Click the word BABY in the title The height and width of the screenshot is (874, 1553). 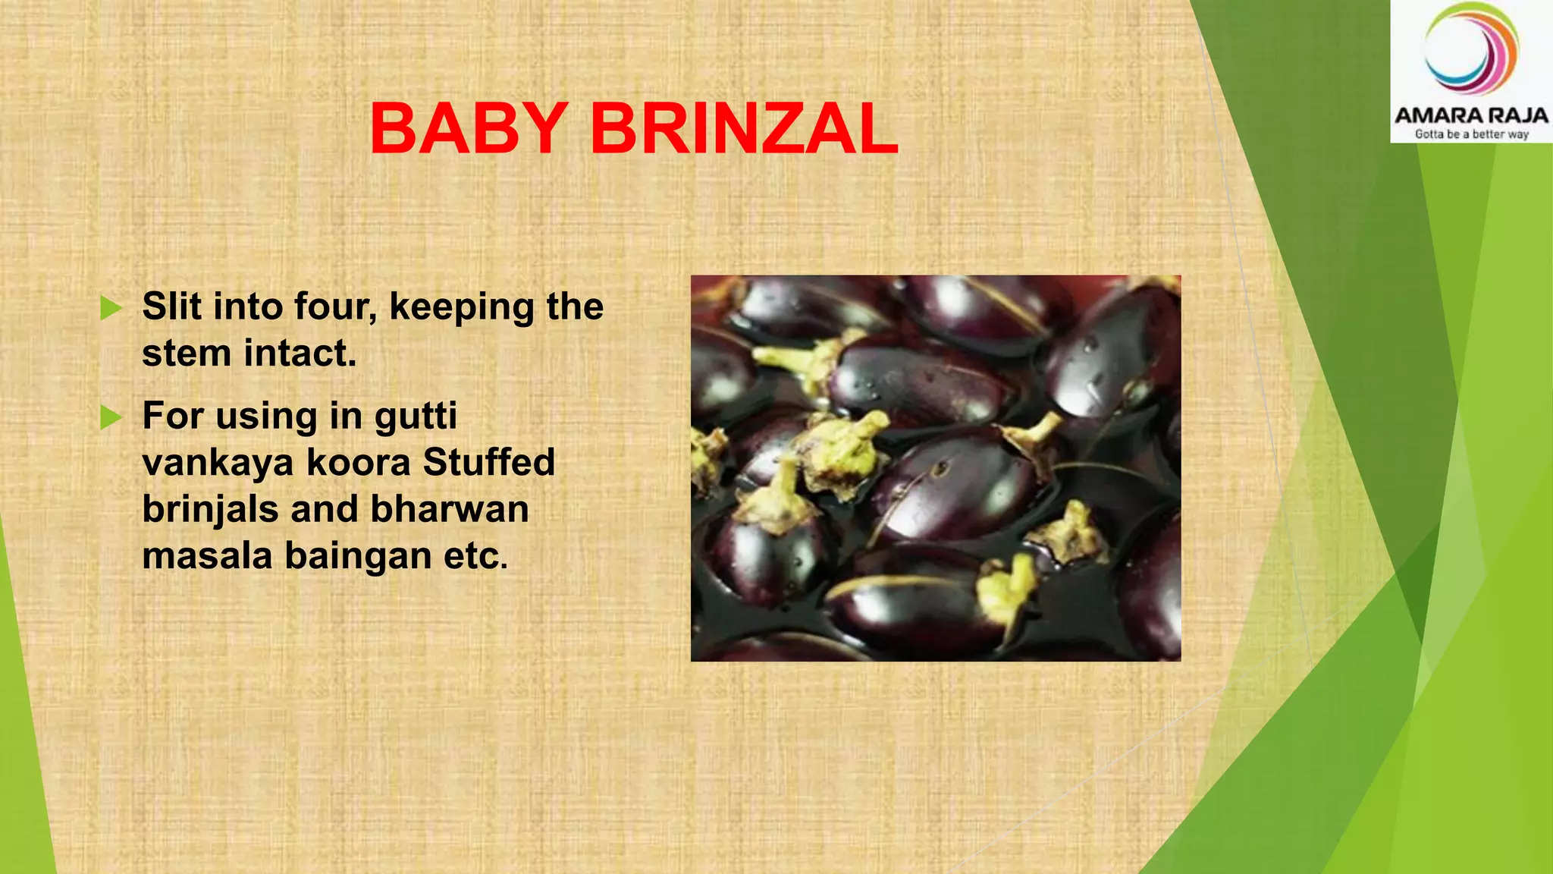point(469,128)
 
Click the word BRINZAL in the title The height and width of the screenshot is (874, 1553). point(744,128)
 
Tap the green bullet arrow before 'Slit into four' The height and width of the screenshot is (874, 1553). point(111,308)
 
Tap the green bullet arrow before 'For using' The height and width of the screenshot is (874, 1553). point(111,417)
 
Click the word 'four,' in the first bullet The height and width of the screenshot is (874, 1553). point(335,307)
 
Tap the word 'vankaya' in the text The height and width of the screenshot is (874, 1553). point(218,464)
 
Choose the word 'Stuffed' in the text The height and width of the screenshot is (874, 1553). point(489,462)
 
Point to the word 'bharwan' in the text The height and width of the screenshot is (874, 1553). point(450,509)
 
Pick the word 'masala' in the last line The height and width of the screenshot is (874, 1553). point(207,556)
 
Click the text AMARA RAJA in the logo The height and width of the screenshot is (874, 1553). point(1471,115)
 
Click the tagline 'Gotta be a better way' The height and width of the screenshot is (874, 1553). point(1471,134)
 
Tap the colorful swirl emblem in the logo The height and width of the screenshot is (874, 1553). point(1471,49)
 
